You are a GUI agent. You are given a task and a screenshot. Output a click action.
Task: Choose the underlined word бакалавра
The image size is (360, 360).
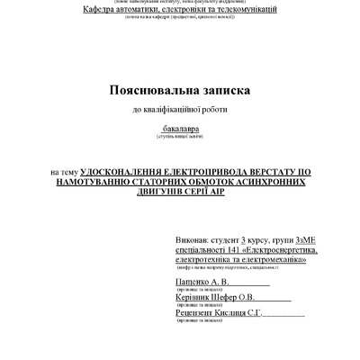click(x=180, y=130)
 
